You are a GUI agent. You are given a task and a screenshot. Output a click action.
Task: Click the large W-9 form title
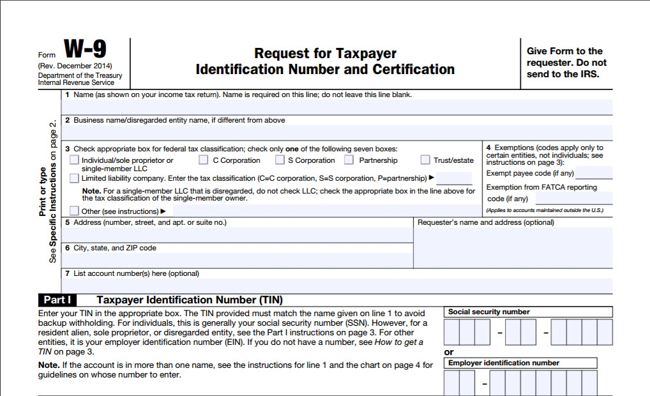click(x=85, y=50)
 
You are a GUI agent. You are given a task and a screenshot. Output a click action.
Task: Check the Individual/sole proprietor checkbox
click(x=75, y=160)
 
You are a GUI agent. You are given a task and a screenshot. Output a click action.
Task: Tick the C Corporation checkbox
click(x=203, y=160)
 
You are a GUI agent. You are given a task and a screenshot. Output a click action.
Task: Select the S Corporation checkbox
click(x=280, y=160)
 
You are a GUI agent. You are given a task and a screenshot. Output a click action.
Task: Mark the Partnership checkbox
click(x=349, y=160)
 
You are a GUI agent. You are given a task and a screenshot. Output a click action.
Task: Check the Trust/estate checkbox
click(x=425, y=160)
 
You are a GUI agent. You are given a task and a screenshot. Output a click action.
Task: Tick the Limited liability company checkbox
click(x=75, y=178)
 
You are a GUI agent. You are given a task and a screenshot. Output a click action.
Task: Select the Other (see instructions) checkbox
click(x=75, y=210)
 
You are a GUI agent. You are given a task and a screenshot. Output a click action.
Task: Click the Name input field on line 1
click(x=336, y=107)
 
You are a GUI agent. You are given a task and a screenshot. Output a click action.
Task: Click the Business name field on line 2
click(x=336, y=132)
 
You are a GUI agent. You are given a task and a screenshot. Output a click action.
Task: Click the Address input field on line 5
click(x=238, y=235)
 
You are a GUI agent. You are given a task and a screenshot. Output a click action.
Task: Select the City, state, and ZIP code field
click(x=238, y=260)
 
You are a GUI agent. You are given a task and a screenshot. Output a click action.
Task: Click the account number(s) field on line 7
click(x=336, y=286)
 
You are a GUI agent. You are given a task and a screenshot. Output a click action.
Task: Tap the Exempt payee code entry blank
click(x=593, y=173)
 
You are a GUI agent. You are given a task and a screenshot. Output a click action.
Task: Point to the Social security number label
click(x=489, y=312)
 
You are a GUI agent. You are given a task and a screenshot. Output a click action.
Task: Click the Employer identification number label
click(x=504, y=363)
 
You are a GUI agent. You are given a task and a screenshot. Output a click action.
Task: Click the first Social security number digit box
click(x=451, y=332)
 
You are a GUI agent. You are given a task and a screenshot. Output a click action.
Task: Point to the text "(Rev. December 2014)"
click(x=75, y=66)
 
